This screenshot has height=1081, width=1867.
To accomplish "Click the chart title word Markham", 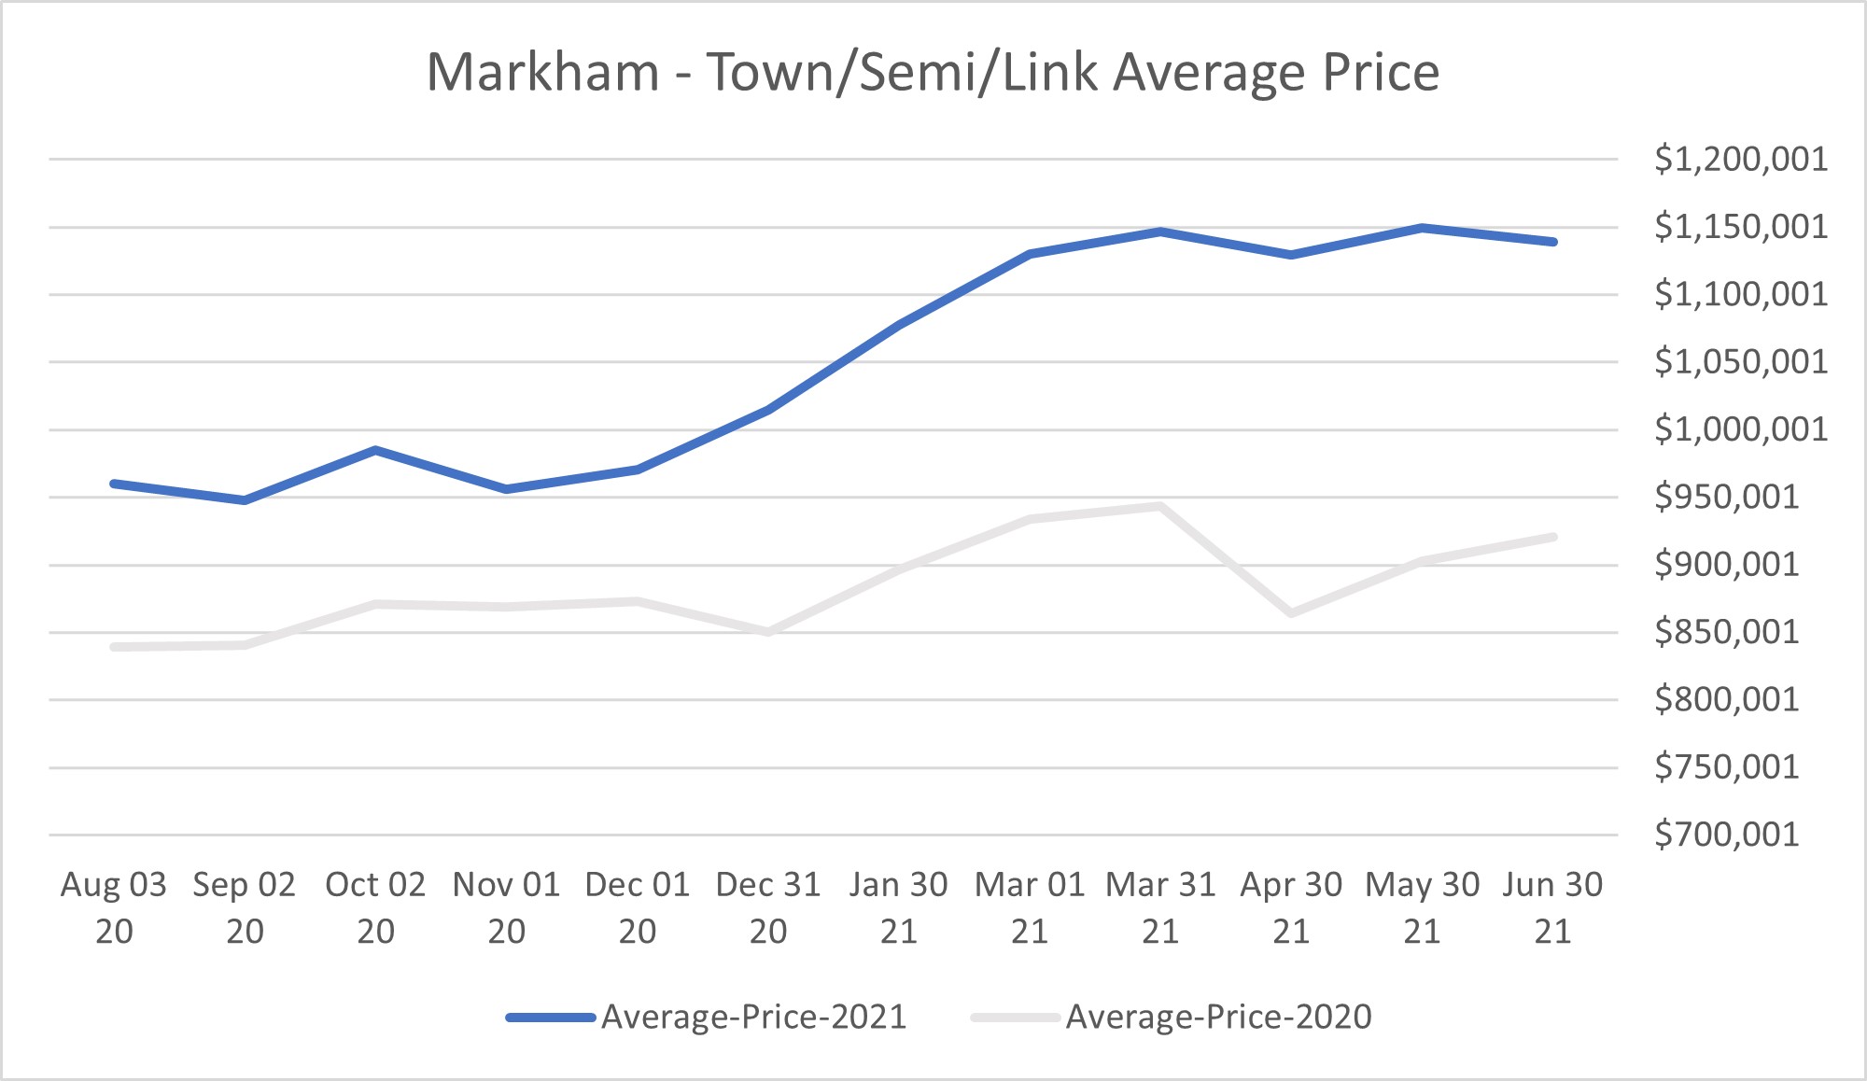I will tap(543, 73).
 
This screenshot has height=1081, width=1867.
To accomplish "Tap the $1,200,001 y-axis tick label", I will tap(1741, 159).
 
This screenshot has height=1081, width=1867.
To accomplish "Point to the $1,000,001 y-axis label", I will tap(1741, 429).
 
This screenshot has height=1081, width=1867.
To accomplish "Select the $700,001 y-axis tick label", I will tap(1726, 835).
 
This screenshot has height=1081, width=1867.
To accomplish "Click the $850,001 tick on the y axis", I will tap(1726, 632).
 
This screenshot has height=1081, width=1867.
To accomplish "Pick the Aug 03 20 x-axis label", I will tap(114, 906).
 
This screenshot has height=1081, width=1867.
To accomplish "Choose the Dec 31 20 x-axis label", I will tap(768, 906).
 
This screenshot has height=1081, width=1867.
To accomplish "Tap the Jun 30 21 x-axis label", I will tap(1552, 906).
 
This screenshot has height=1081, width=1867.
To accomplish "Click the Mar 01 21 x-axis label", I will tap(1030, 906).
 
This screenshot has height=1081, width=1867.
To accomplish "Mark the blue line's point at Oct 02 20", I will tap(375, 450).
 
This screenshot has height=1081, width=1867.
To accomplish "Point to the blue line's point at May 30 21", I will tap(1422, 228).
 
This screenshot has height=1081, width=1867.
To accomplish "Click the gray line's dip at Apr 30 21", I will tap(1291, 613).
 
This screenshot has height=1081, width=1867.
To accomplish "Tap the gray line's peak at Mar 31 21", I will tap(1160, 507).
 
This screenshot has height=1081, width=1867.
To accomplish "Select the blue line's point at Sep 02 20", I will tap(245, 500).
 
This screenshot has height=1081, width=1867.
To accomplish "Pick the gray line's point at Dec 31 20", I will tap(768, 632).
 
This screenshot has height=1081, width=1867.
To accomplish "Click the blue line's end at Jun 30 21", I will tap(1552, 242).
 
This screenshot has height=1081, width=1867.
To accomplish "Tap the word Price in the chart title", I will tap(1383, 73).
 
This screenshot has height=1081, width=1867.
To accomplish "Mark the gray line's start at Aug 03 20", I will tap(114, 647).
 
